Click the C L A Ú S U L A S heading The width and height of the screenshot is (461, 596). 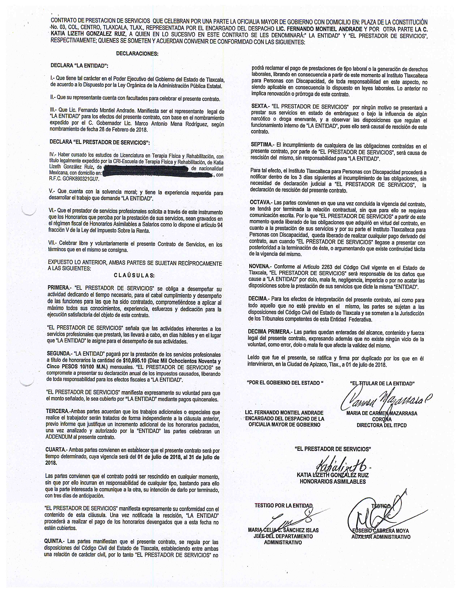coord(134,275)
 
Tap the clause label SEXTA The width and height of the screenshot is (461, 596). coord(259,106)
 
